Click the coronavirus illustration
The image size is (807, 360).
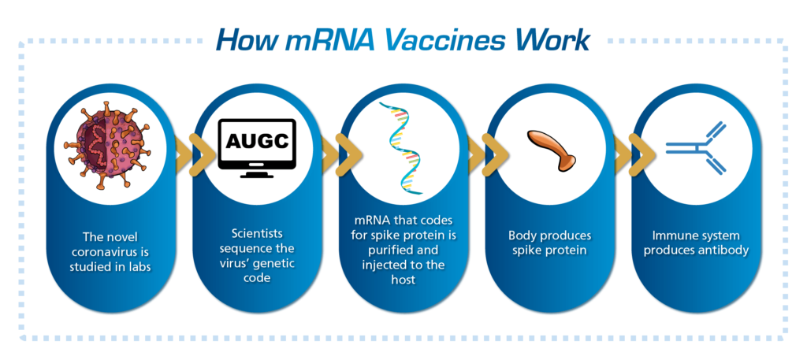pyautogui.click(x=106, y=145)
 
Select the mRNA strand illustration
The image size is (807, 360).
pyautogui.click(x=401, y=148)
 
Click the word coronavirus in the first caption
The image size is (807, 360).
pyautogui.click(x=111, y=253)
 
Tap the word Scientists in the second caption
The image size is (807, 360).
pyautogui.click(x=257, y=234)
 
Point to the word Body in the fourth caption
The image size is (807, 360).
pyautogui.click(x=519, y=236)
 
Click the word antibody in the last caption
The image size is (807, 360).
pyautogui.click(x=725, y=251)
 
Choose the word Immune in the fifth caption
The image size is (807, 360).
pyautogui.click(x=671, y=236)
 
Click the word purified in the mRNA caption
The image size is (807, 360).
pyautogui.click(x=393, y=251)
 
